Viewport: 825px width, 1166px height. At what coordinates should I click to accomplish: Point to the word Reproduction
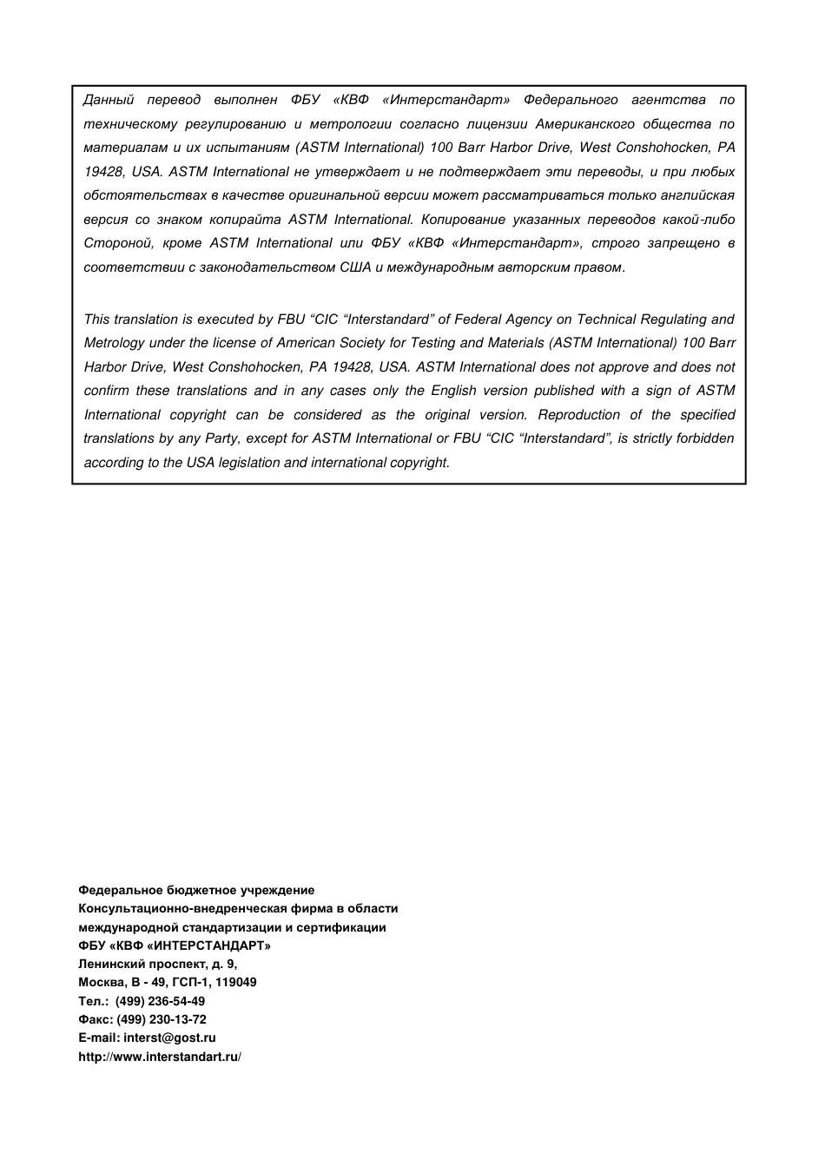(x=578, y=415)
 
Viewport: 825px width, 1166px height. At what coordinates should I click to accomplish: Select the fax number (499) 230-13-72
(x=162, y=1019)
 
